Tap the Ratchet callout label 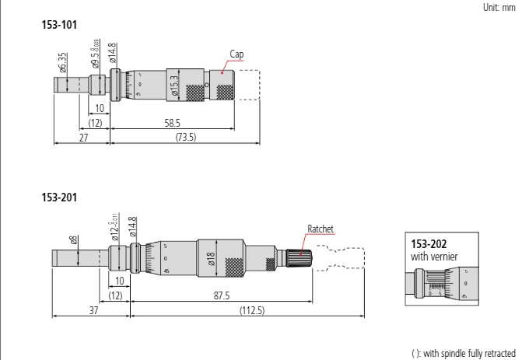click(x=321, y=229)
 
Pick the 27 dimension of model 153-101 click(x=82, y=137)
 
